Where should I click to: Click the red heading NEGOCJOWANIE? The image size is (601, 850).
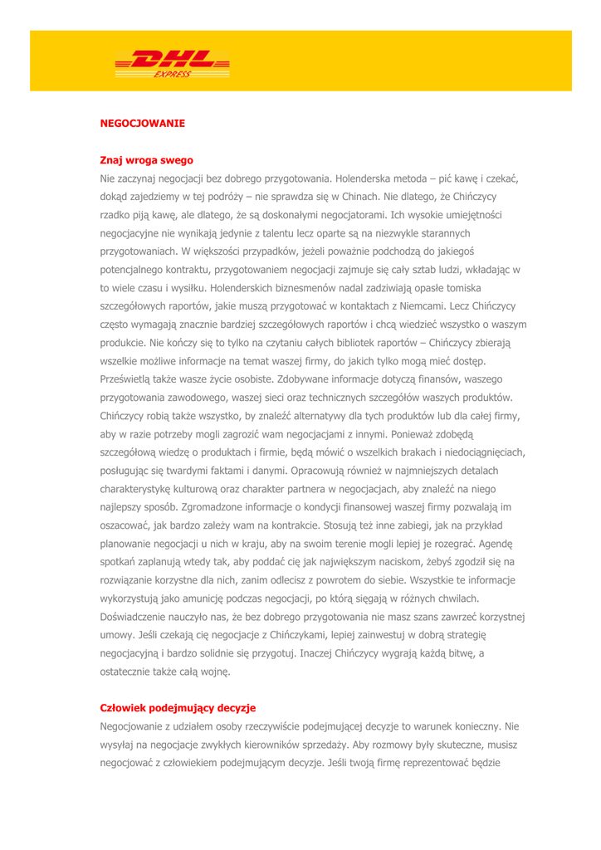142,123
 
